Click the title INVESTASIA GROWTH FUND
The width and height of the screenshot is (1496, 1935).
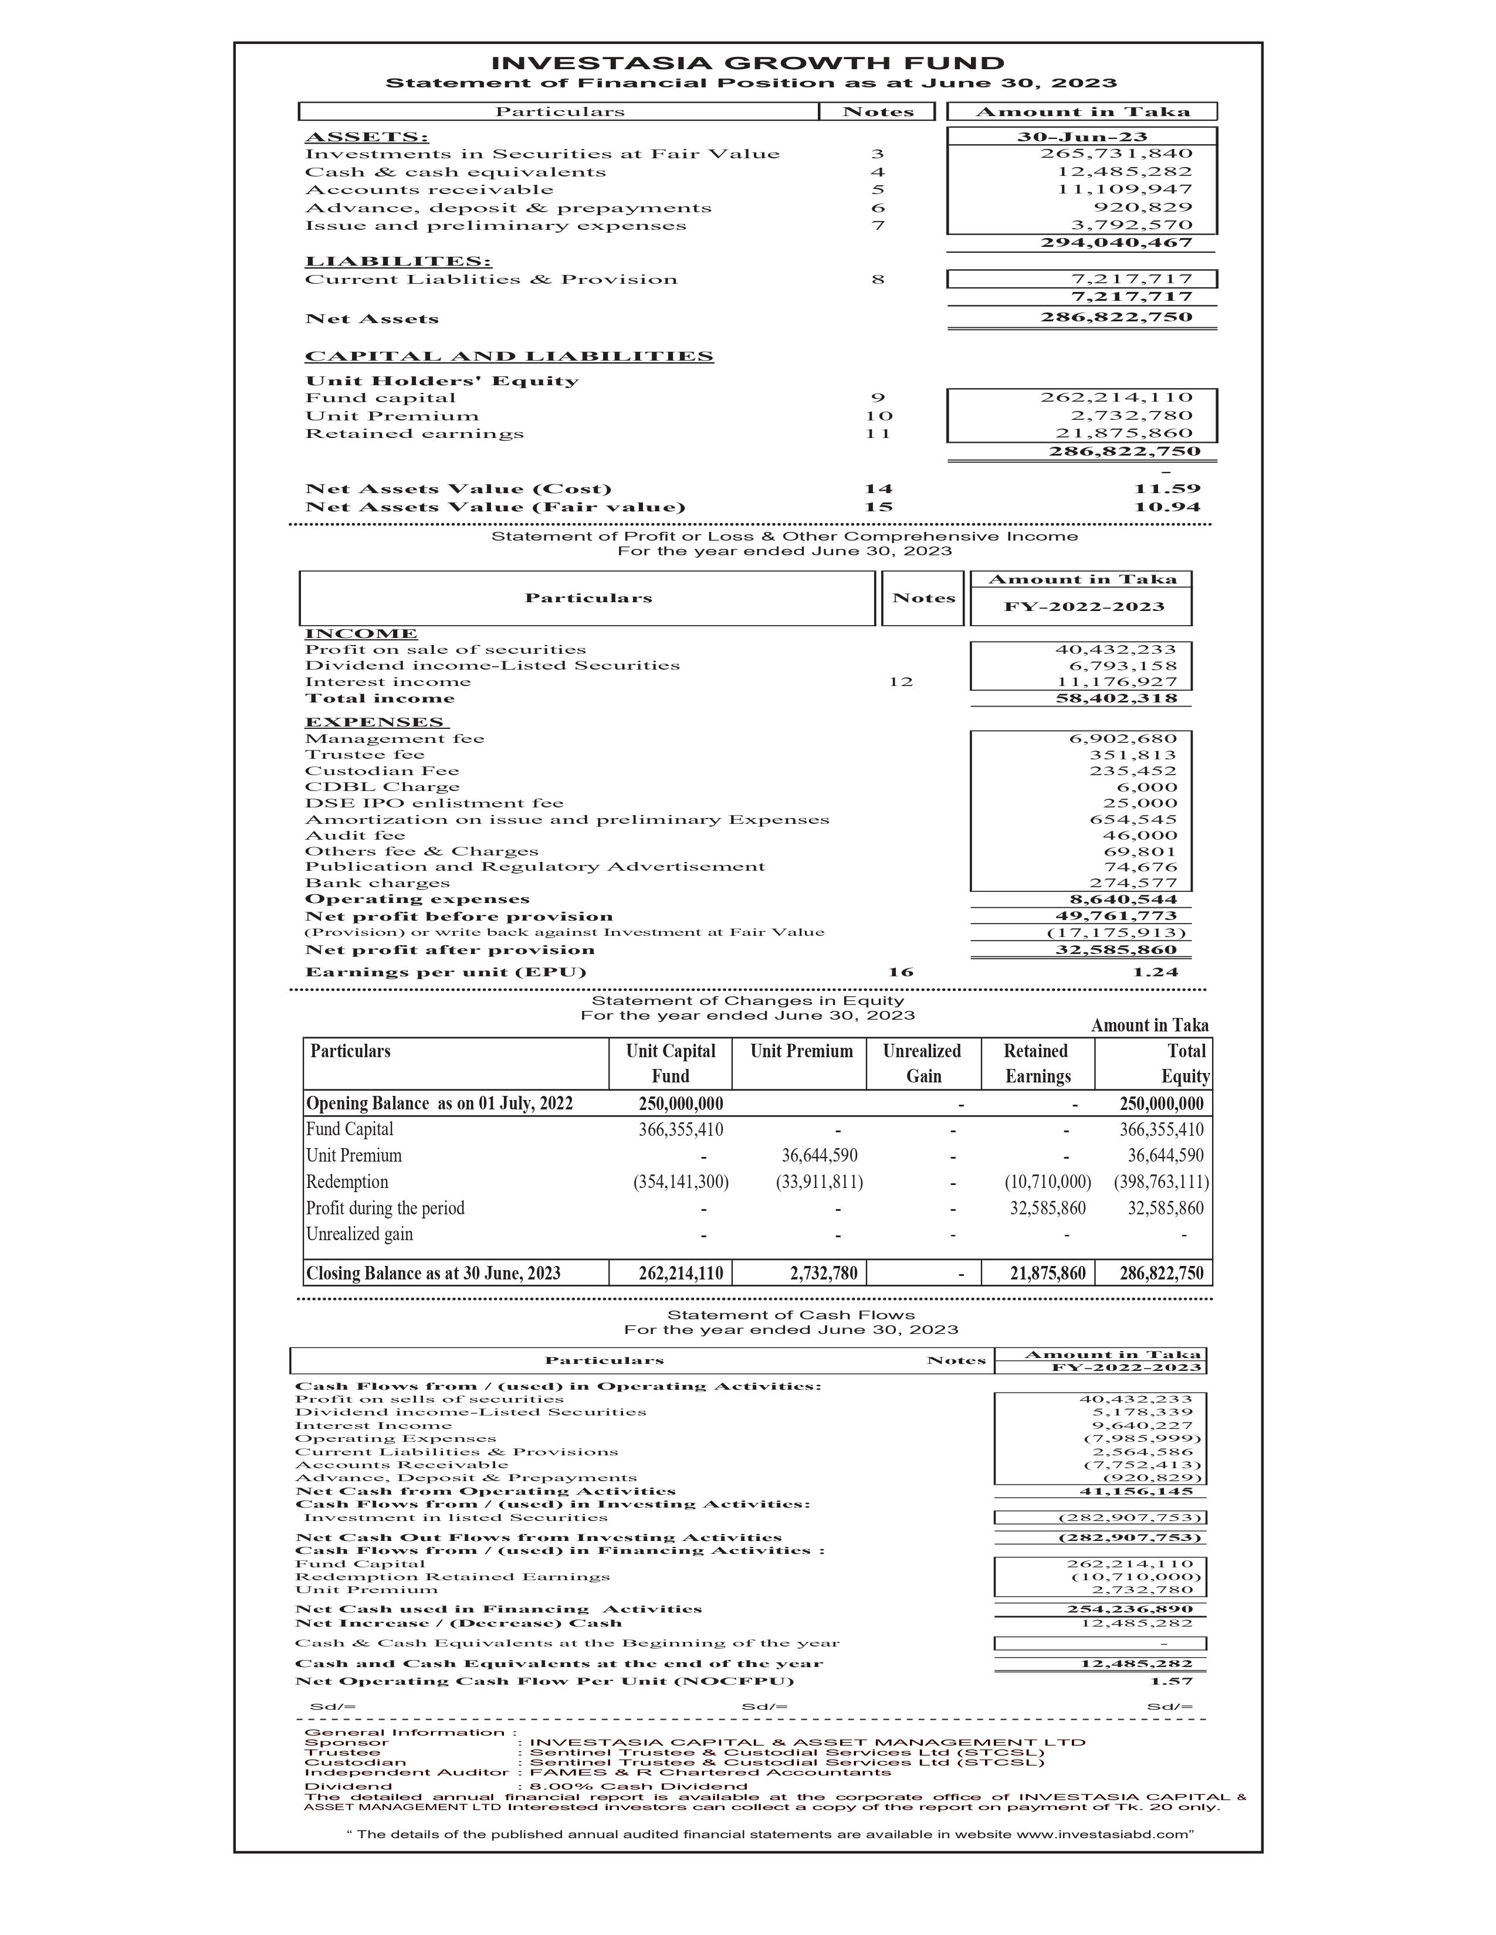coord(747,63)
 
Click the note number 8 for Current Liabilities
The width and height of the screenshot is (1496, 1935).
coord(878,280)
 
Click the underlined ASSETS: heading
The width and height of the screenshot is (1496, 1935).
coord(366,137)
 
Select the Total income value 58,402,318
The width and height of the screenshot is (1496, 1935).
coord(1116,699)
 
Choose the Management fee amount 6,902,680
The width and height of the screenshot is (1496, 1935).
coord(1122,739)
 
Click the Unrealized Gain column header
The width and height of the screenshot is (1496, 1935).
coord(922,1063)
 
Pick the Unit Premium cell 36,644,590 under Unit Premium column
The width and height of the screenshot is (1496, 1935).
coord(819,1155)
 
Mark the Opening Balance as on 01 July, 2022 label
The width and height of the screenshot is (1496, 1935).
coord(439,1103)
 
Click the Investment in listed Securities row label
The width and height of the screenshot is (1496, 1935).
coord(455,1518)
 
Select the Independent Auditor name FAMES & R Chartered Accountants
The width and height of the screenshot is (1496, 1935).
coord(709,1772)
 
